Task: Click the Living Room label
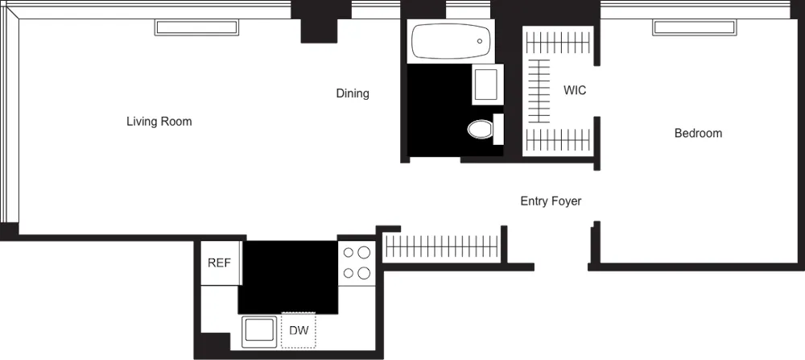click(x=159, y=122)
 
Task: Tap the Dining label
click(x=353, y=93)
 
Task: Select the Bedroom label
click(x=698, y=133)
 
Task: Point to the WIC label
click(x=575, y=90)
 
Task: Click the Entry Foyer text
click(x=551, y=201)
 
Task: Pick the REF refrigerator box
click(x=220, y=263)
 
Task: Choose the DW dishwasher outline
click(x=299, y=331)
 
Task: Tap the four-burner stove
click(x=357, y=263)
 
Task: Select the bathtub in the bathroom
click(x=450, y=41)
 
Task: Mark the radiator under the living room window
click(x=196, y=27)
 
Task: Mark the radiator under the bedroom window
click(x=694, y=27)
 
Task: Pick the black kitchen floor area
click(x=287, y=276)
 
